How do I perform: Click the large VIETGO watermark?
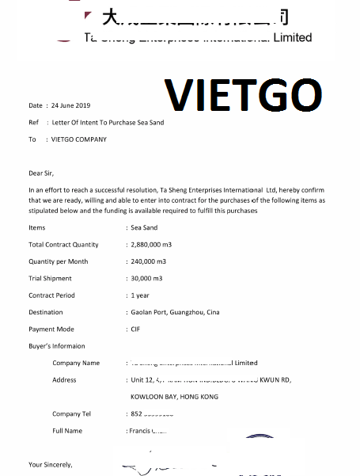(x=243, y=97)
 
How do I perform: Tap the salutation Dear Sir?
(x=42, y=172)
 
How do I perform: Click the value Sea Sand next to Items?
(x=144, y=227)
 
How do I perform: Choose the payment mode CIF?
(x=135, y=329)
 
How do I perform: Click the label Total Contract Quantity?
(x=64, y=245)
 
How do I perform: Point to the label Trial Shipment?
(x=50, y=279)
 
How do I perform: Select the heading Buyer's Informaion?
(x=57, y=346)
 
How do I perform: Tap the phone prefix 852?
(x=136, y=414)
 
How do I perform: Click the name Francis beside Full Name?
(x=139, y=431)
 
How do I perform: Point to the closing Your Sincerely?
(x=51, y=464)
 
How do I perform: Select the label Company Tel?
(x=71, y=414)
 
